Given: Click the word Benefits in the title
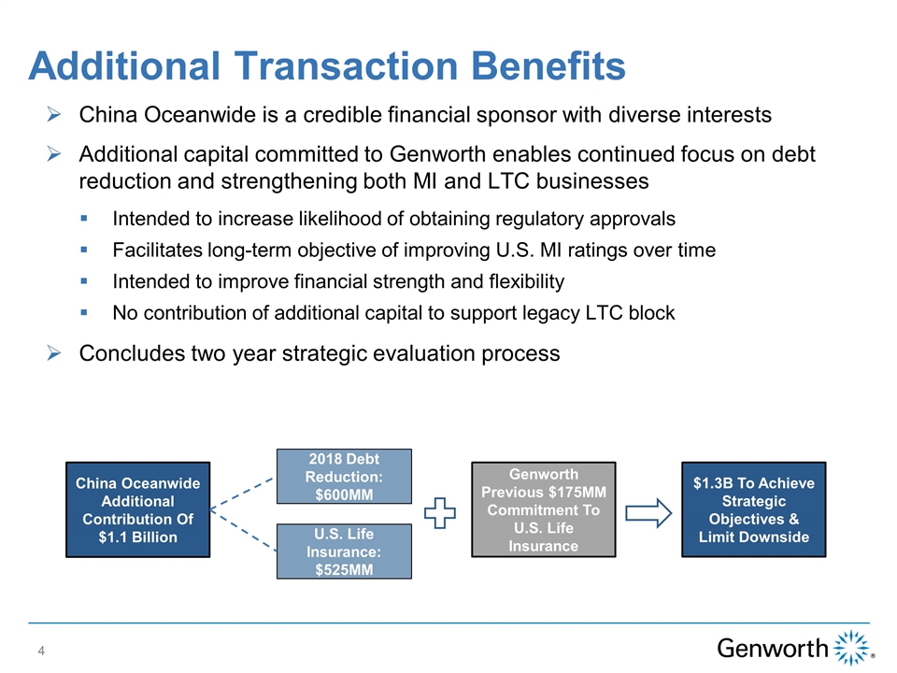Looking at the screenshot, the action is [x=548, y=65].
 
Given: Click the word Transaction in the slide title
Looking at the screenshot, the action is [x=346, y=65].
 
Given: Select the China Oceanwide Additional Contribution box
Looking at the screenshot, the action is [x=138, y=509].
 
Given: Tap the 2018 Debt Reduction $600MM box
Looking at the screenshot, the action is [x=344, y=476].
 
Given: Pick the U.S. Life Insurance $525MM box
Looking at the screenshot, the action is [x=344, y=551].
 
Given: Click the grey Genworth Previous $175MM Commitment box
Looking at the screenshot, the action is [x=544, y=509].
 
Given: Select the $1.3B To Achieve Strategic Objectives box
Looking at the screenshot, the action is [x=753, y=509].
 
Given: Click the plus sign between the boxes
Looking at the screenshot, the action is [x=440, y=513].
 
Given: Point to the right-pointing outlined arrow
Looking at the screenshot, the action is [x=648, y=513].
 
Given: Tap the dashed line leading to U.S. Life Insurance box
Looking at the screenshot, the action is [x=243, y=530].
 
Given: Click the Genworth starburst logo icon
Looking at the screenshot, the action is [x=852, y=647].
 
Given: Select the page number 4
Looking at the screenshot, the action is [x=41, y=651].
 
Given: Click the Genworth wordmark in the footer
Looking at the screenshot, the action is [x=773, y=649].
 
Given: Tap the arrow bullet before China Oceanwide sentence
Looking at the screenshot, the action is [x=54, y=114].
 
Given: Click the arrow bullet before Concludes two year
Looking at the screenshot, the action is [x=54, y=353].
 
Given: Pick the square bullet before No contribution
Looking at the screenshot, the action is [x=84, y=312].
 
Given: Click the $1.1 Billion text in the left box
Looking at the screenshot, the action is [x=138, y=537].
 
